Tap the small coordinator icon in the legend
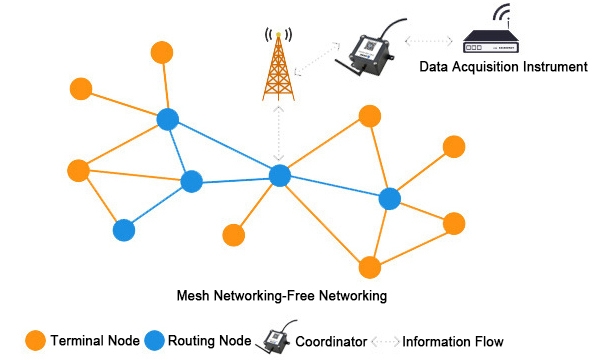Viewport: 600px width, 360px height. tap(275, 339)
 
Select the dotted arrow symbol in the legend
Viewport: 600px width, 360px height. tap(390, 340)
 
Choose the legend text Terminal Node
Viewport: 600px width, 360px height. tap(92, 340)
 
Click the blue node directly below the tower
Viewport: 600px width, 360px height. tap(279, 176)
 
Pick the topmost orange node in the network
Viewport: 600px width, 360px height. tap(161, 51)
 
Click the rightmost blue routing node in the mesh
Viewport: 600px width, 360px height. tap(390, 199)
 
